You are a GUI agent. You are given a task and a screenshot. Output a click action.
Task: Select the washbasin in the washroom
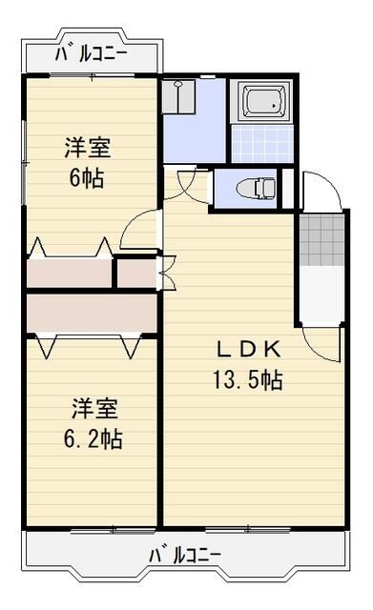click(178, 96)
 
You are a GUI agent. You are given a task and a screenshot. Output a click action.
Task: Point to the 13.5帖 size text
click(245, 378)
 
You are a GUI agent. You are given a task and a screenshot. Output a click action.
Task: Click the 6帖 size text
click(87, 176)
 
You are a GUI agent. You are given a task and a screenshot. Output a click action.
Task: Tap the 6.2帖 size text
click(94, 439)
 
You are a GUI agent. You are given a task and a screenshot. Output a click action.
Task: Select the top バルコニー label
click(91, 53)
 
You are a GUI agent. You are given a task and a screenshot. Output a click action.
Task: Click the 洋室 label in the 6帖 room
click(87, 148)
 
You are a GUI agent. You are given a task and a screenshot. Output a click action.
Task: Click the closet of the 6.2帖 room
click(91, 312)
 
